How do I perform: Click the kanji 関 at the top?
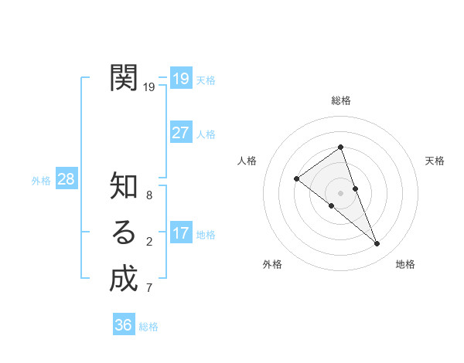point(124,77)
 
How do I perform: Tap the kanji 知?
point(124,186)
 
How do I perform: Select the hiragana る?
point(124,232)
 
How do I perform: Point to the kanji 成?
point(124,278)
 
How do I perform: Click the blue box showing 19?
point(181,78)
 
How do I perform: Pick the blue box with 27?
point(181,132)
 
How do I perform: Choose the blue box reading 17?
point(181,232)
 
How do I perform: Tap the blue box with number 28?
point(67,179)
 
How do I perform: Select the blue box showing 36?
point(124,325)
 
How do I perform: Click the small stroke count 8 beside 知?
point(149,195)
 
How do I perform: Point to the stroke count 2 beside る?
point(149,242)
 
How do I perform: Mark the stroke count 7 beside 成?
point(149,288)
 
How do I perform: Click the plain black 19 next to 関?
point(149,87)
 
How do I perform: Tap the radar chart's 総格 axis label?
point(341,100)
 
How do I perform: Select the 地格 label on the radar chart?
point(405,264)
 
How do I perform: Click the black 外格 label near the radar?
point(272,264)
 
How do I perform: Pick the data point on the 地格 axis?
point(377,244)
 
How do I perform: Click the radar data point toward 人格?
point(296,179)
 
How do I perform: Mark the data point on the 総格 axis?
point(341,147)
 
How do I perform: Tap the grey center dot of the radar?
point(340,192)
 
